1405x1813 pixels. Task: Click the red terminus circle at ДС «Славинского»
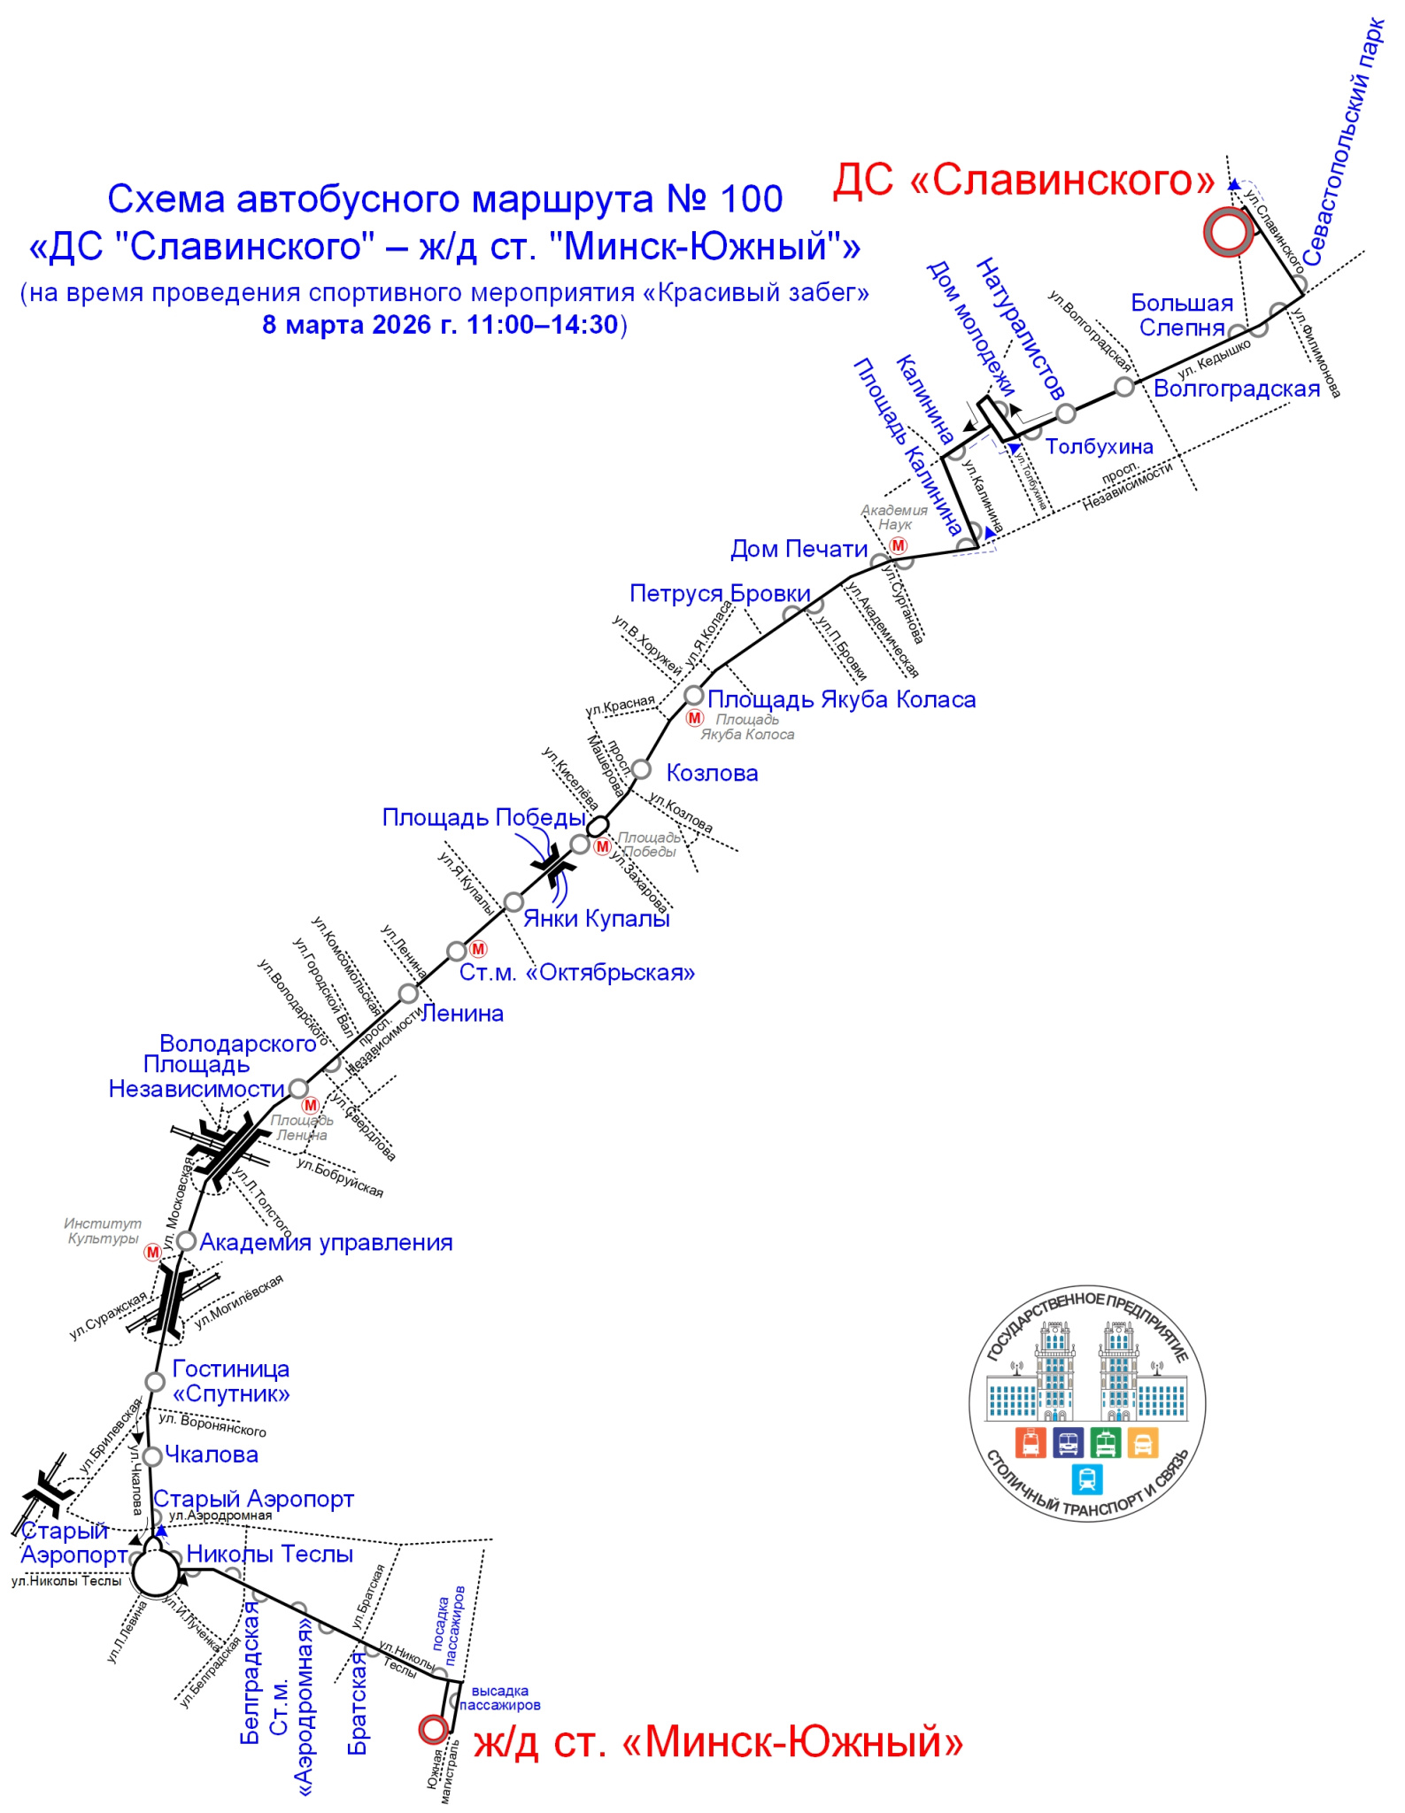click(x=1228, y=233)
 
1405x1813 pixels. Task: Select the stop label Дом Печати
click(x=799, y=549)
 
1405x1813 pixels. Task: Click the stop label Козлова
click(x=712, y=773)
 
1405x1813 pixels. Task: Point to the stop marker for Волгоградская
click(x=1123, y=387)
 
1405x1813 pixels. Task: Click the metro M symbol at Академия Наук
click(x=899, y=545)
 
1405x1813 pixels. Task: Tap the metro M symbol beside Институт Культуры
click(x=153, y=1252)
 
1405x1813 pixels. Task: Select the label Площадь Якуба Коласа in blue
click(x=841, y=699)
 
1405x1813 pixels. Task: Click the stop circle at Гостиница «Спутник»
click(x=155, y=1382)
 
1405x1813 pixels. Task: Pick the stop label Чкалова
click(x=212, y=1454)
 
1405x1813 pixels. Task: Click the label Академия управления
click(x=326, y=1242)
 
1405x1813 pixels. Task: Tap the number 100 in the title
click(x=751, y=199)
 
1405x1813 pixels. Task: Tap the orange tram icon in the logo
click(x=1030, y=1442)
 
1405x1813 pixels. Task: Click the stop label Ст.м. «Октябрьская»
click(x=576, y=972)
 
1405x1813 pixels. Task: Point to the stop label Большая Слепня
click(x=1181, y=315)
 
